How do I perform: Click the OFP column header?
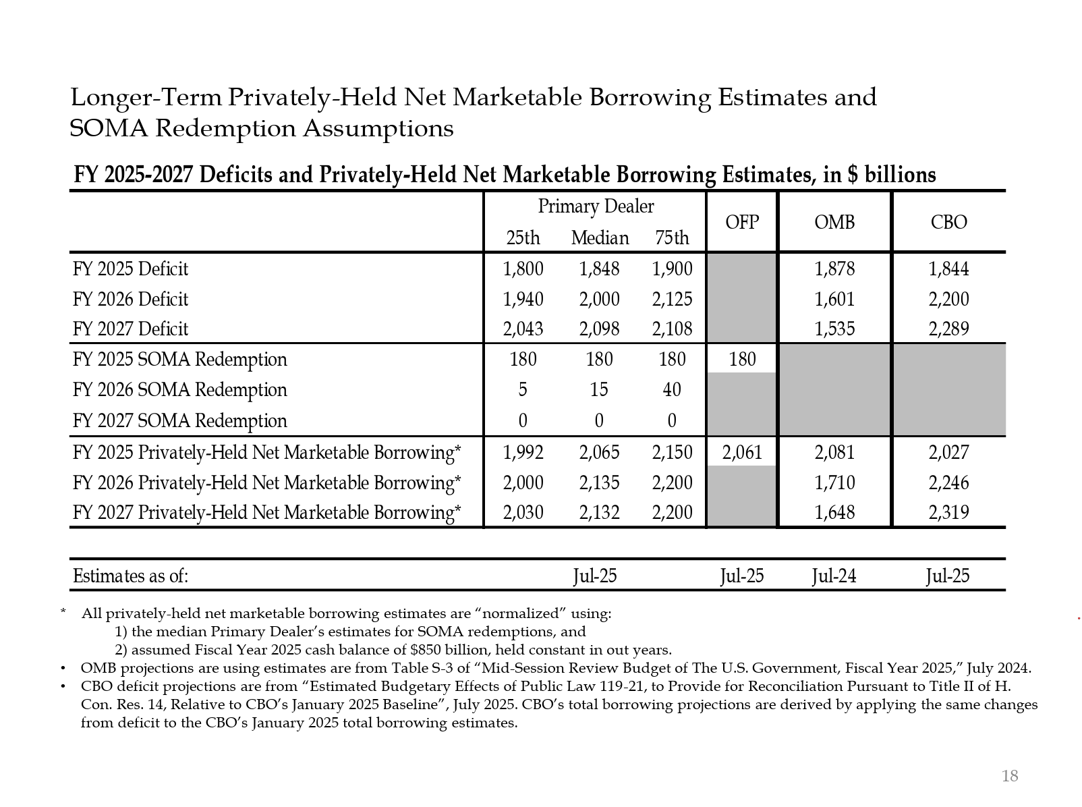click(x=742, y=222)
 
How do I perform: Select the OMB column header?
click(x=834, y=222)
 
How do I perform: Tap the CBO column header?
click(x=948, y=222)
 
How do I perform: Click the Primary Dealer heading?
click(x=596, y=206)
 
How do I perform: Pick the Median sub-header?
click(x=600, y=238)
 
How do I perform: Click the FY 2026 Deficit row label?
click(x=130, y=299)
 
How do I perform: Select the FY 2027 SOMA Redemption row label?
click(x=179, y=420)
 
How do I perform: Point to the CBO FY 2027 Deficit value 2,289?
click(x=948, y=329)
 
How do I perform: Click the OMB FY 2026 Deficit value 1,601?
click(x=834, y=299)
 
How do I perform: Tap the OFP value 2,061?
click(x=742, y=452)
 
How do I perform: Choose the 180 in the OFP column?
click(x=742, y=359)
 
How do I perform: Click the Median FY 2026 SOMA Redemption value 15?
click(x=599, y=389)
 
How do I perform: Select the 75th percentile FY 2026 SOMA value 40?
click(x=672, y=389)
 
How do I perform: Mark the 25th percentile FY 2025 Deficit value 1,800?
click(x=523, y=269)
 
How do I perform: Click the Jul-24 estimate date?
click(x=834, y=576)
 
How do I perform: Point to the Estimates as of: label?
click(x=130, y=576)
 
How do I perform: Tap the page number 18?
click(x=1010, y=776)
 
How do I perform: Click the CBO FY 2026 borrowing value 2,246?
click(x=948, y=482)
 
